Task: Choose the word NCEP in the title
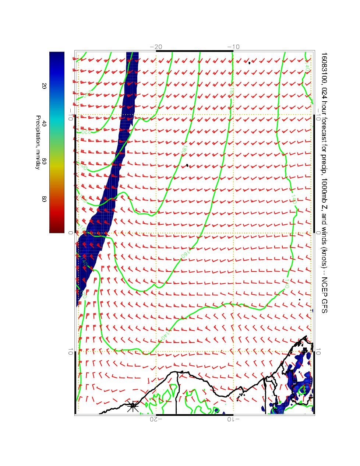(324, 286)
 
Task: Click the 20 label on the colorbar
(44, 85)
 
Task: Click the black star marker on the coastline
(133, 407)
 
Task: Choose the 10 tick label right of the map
(318, 352)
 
